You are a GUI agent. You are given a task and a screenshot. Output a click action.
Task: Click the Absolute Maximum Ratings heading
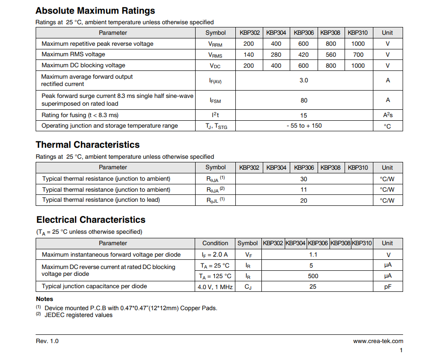95,11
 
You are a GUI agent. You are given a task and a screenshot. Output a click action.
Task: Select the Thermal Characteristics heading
88,145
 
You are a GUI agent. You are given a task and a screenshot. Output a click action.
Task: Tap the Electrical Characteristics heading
91,220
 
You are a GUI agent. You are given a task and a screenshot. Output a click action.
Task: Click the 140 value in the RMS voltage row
249,54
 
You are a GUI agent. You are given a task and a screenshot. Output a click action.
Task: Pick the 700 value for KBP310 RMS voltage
358,54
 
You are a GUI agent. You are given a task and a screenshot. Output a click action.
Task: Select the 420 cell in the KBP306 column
303,54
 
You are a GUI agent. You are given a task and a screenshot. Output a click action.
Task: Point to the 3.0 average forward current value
303,81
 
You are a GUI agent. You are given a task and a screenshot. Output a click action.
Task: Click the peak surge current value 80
304,100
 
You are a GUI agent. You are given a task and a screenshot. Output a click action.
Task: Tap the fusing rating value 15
304,115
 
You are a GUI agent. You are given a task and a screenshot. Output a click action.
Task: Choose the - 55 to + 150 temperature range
304,126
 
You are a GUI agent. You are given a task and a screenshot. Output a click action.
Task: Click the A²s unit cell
388,115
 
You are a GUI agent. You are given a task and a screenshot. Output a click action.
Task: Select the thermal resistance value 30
304,179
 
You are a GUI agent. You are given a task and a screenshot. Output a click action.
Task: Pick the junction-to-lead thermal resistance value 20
304,200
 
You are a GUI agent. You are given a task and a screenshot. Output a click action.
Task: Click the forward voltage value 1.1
313,255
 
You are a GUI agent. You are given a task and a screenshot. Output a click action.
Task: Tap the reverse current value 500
313,276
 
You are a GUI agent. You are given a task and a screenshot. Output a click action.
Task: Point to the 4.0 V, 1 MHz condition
215,287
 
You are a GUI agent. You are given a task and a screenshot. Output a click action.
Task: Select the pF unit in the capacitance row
388,287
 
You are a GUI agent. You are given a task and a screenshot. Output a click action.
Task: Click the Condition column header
215,243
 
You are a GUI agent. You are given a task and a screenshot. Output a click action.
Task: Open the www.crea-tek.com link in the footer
378,341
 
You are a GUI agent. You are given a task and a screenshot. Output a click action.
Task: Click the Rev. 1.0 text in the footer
47,341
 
